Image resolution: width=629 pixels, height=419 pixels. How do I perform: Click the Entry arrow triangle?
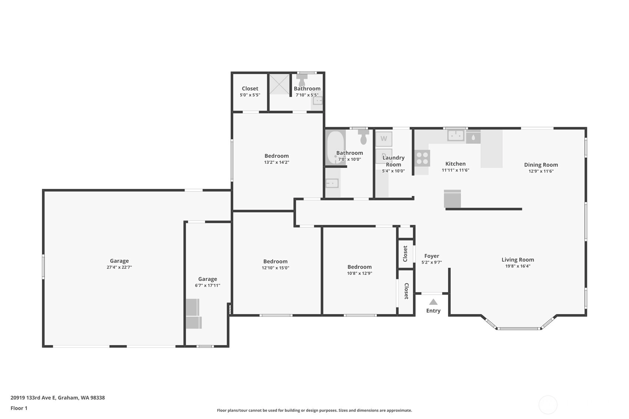[x=433, y=302]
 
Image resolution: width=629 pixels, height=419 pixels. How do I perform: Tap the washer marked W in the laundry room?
[x=384, y=139]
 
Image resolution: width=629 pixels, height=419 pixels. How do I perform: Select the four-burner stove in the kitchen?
[x=422, y=158]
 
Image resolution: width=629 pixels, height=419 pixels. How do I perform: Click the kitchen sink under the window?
[x=456, y=136]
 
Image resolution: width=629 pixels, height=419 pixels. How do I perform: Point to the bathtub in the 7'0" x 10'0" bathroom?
[x=335, y=147]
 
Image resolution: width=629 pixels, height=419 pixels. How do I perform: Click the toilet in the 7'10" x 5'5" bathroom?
[x=302, y=80]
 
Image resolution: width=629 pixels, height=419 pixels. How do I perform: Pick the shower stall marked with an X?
[x=279, y=84]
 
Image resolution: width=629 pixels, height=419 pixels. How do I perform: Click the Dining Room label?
[x=541, y=165]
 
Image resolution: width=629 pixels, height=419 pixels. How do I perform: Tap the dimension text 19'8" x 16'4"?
[x=518, y=266]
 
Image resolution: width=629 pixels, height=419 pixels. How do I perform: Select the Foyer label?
[x=431, y=256]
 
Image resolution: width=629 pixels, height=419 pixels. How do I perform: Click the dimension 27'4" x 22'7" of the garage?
[x=119, y=267]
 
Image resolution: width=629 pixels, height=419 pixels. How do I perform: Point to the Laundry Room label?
[x=393, y=161]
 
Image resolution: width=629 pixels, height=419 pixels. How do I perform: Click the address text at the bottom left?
[x=57, y=398]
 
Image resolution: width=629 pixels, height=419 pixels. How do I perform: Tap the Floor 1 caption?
[x=19, y=408]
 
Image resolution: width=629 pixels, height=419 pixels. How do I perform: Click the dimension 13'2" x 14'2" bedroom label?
[x=277, y=162]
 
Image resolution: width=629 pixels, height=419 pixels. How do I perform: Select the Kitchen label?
[x=456, y=164]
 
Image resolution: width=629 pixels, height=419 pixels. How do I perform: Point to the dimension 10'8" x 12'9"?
[x=360, y=273]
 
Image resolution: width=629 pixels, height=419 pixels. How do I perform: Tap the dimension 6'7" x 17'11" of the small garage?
[x=208, y=285]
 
